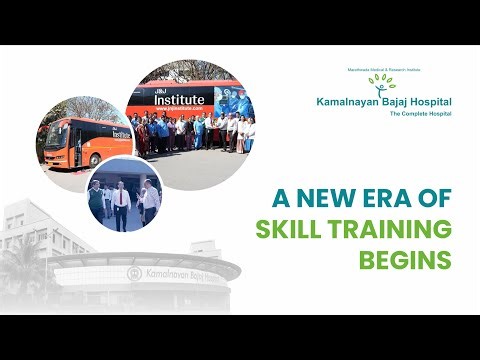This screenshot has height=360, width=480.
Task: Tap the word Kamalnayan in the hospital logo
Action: pyautogui.click(x=345, y=103)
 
